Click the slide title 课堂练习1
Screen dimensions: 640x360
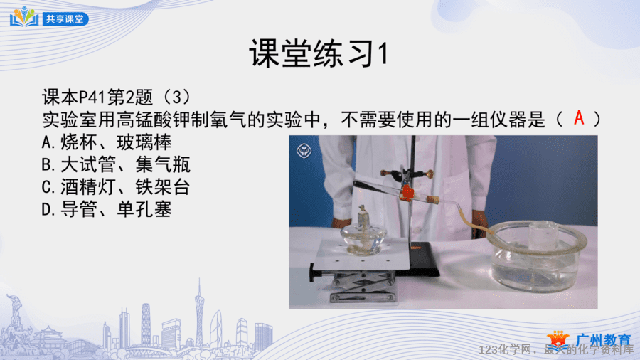[x=319, y=53]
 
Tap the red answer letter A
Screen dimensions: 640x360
[x=579, y=118]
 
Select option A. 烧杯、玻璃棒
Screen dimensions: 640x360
[x=107, y=142]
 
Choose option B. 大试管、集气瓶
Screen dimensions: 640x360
[x=116, y=165]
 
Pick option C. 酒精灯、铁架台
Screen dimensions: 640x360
[x=116, y=187]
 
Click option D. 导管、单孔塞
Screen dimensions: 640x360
[x=107, y=210]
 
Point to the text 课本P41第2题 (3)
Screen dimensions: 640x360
[x=117, y=97]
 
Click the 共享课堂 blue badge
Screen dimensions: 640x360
[x=65, y=18]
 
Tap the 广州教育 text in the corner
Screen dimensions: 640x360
[x=603, y=339]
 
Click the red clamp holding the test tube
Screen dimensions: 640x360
[x=407, y=193]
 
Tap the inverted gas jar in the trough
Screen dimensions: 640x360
[x=544, y=237]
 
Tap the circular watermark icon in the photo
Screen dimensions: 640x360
[x=304, y=151]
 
